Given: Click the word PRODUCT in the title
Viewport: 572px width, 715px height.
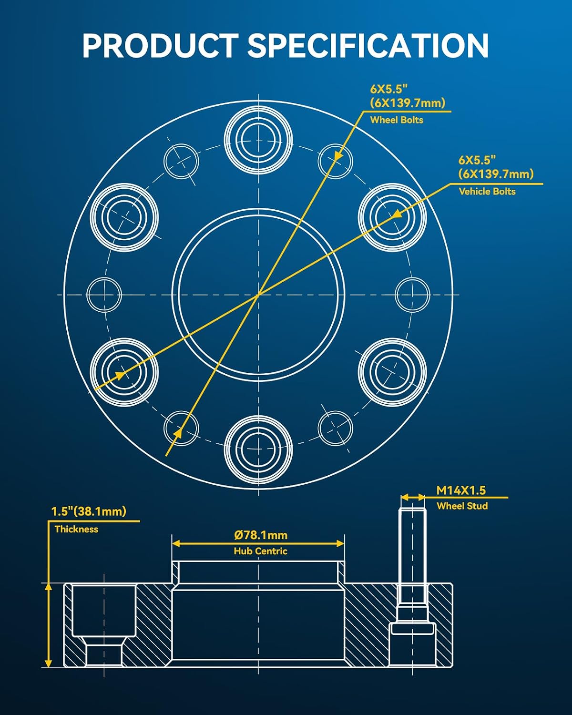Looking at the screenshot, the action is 160,46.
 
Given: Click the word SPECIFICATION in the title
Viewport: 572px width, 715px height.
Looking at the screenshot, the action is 368,46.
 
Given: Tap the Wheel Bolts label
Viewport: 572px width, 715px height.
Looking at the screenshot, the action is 397,120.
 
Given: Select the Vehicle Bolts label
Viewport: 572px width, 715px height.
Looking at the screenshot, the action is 487,191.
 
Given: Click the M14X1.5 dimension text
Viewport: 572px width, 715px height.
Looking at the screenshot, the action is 460,490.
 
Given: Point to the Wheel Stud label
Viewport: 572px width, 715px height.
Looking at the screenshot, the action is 462,506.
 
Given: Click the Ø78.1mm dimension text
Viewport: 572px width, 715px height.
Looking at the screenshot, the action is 261,535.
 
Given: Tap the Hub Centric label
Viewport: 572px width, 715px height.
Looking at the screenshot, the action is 260,551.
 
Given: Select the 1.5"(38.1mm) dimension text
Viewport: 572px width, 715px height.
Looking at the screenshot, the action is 88,511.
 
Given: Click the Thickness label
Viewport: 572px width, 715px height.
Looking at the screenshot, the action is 76,529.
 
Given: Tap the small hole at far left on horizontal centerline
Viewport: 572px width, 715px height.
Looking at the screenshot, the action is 104,295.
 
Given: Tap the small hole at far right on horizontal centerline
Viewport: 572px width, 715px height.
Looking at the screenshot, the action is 412,295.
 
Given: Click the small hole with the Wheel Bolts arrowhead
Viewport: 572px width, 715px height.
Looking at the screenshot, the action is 336,161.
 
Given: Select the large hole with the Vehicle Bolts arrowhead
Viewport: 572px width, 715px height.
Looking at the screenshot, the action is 392,217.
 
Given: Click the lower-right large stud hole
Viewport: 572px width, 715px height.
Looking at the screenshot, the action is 392,372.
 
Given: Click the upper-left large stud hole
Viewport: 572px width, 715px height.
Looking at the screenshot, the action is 124,217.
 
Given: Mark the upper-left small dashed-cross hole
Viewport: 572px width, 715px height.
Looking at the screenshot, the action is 181,161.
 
